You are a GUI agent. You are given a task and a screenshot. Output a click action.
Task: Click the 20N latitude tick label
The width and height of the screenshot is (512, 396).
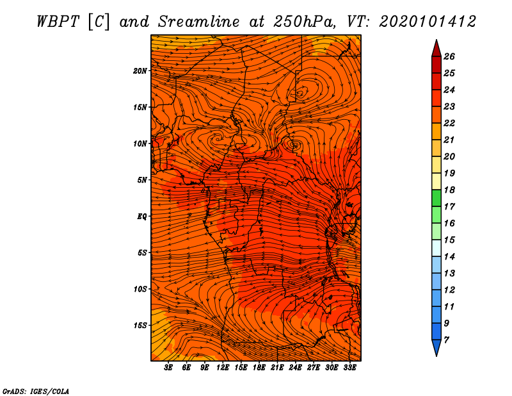pyautogui.click(x=140, y=71)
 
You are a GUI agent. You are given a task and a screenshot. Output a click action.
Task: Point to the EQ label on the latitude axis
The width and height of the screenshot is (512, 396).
pyautogui.click(x=141, y=217)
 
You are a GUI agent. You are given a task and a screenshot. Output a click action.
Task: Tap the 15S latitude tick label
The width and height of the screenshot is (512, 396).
pyautogui.click(x=140, y=326)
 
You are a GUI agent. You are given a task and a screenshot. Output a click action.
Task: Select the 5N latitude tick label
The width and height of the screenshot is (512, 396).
pyautogui.click(x=142, y=180)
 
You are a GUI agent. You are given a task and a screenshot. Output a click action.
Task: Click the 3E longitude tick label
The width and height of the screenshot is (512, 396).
pyautogui.click(x=168, y=368)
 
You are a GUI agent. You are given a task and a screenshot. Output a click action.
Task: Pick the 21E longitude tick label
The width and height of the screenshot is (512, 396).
pyautogui.click(x=277, y=368)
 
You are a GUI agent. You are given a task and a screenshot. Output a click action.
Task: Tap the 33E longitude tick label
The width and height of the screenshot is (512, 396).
pyautogui.click(x=349, y=368)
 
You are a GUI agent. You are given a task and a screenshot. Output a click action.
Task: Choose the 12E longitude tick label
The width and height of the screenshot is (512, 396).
pyautogui.click(x=222, y=368)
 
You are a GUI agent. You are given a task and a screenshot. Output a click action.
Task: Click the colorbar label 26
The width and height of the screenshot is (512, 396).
pyautogui.click(x=449, y=56)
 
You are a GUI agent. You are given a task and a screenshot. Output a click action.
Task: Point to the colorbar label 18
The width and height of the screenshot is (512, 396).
pyautogui.click(x=449, y=190)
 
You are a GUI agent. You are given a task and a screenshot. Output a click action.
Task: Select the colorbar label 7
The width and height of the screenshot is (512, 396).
pyautogui.click(x=446, y=340)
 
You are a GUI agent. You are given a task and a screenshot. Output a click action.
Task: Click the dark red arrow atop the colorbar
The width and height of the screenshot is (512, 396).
pyautogui.click(x=436, y=48)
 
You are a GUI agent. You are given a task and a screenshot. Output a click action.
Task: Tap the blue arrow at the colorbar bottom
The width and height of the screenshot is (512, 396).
pyautogui.click(x=436, y=348)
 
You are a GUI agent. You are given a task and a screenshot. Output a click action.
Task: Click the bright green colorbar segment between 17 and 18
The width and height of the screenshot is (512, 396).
pyautogui.click(x=436, y=198)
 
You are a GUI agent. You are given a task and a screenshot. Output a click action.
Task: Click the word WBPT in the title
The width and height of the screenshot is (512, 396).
pyautogui.click(x=58, y=22)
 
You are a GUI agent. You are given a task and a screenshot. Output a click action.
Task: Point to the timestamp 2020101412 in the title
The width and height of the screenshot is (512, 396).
pyautogui.click(x=428, y=22)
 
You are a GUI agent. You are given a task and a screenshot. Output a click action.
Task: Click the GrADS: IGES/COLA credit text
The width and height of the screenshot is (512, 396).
pyautogui.click(x=36, y=392)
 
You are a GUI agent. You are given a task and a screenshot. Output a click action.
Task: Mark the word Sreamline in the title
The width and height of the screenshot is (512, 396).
pyautogui.click(x=199, y=22)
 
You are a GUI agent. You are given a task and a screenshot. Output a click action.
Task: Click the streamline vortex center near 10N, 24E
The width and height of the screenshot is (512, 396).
pyautogui.click(x=294, y=144)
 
